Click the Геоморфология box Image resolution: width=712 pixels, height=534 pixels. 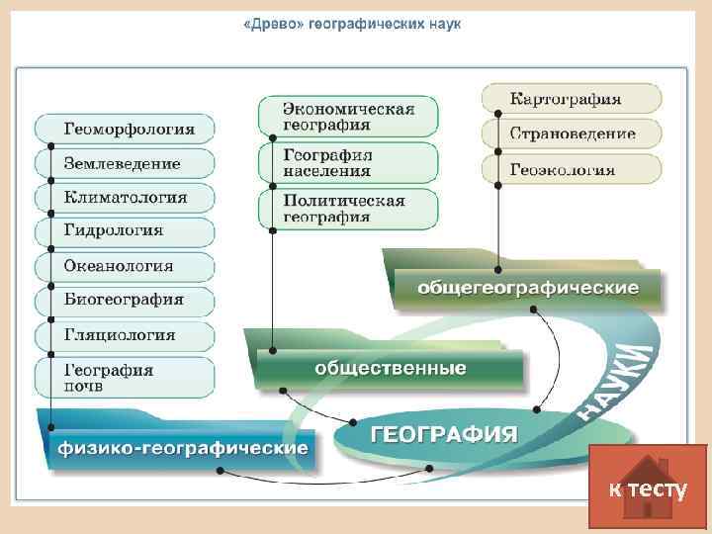(126, 129)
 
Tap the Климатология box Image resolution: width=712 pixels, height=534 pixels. (126, 197)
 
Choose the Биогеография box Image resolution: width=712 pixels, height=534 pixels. (124, 300)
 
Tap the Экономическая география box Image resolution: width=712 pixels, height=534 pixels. (349, 116)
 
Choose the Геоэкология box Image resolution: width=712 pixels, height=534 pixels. (564, 168)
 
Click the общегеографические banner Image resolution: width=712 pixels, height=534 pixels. (528, 288)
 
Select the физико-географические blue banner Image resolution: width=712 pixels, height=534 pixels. (183, 448)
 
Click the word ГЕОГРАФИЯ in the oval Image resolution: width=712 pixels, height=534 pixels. (444, 433)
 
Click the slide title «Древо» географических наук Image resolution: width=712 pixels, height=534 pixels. (352, 22)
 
